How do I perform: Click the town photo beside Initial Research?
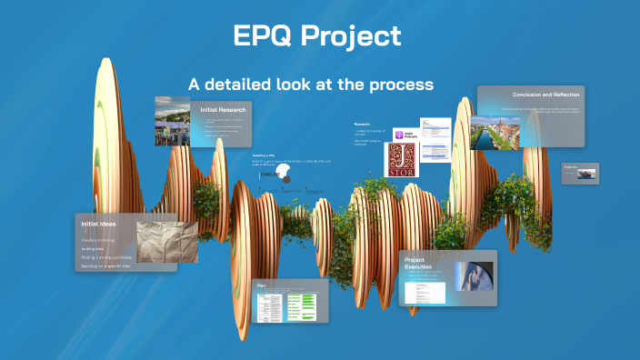[x=172, y=121]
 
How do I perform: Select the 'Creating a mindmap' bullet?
[x=100, y=238]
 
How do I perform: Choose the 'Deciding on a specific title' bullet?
[x=105, y=266]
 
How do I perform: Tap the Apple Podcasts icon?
[x=405, y=134]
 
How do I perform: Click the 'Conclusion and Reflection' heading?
[x=545, y=95]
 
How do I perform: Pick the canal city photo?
[x=495, y=132]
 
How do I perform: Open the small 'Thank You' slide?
[x=579, y=173]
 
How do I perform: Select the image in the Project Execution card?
[x=474, y=276]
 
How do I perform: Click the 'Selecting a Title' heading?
[x=264, y=155]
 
